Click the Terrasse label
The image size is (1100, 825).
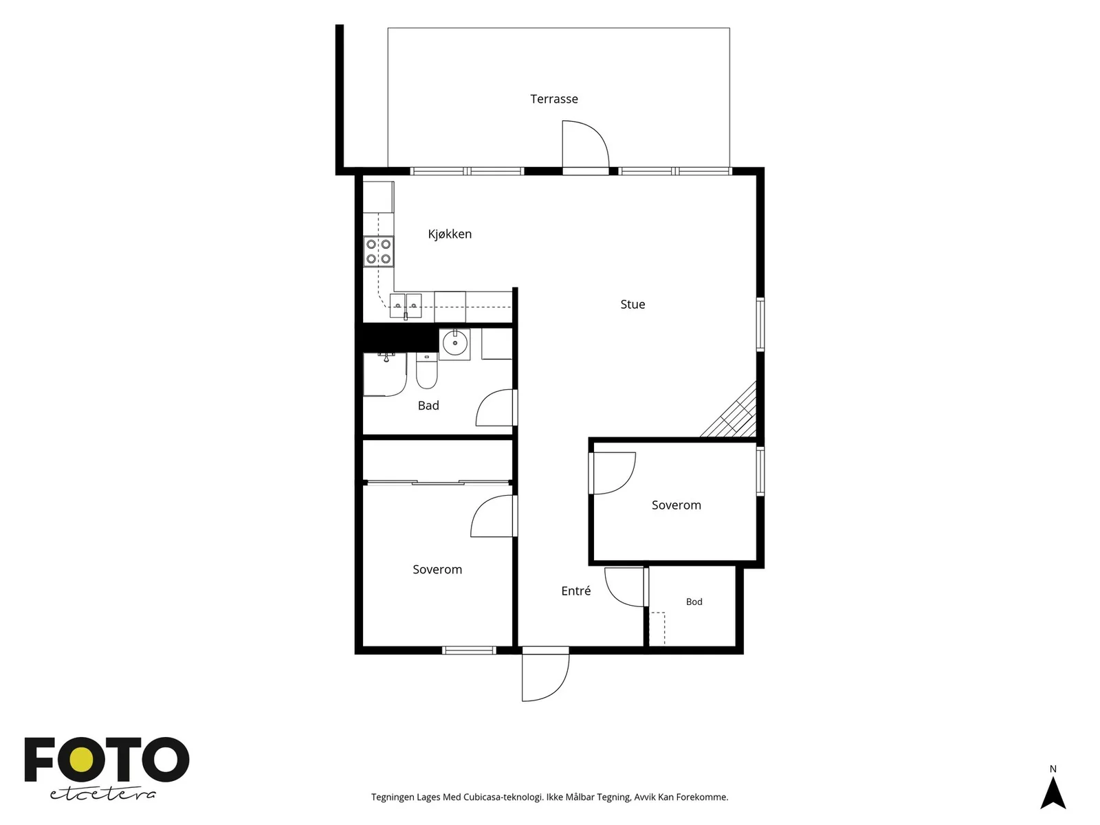(x=553, y=99)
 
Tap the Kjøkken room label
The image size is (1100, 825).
(x=450, y=234)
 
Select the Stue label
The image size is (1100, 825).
(x=632, y=304)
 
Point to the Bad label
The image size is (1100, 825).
(x=428, y=405)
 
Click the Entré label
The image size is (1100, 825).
(x=576, y=591)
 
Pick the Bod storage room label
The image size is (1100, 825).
(x=694, y=602)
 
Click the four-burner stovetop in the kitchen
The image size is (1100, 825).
(x=378, y=252)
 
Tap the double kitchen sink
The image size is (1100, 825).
(x=406, y=305)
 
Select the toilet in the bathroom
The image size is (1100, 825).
(x=426, y=371)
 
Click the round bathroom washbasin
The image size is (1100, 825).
(x=455, y=343)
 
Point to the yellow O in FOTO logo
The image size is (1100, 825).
(x=81, y=760)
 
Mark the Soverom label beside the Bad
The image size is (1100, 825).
(x=437, y=569)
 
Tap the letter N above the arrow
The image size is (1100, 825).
(x=1053, y=769)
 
